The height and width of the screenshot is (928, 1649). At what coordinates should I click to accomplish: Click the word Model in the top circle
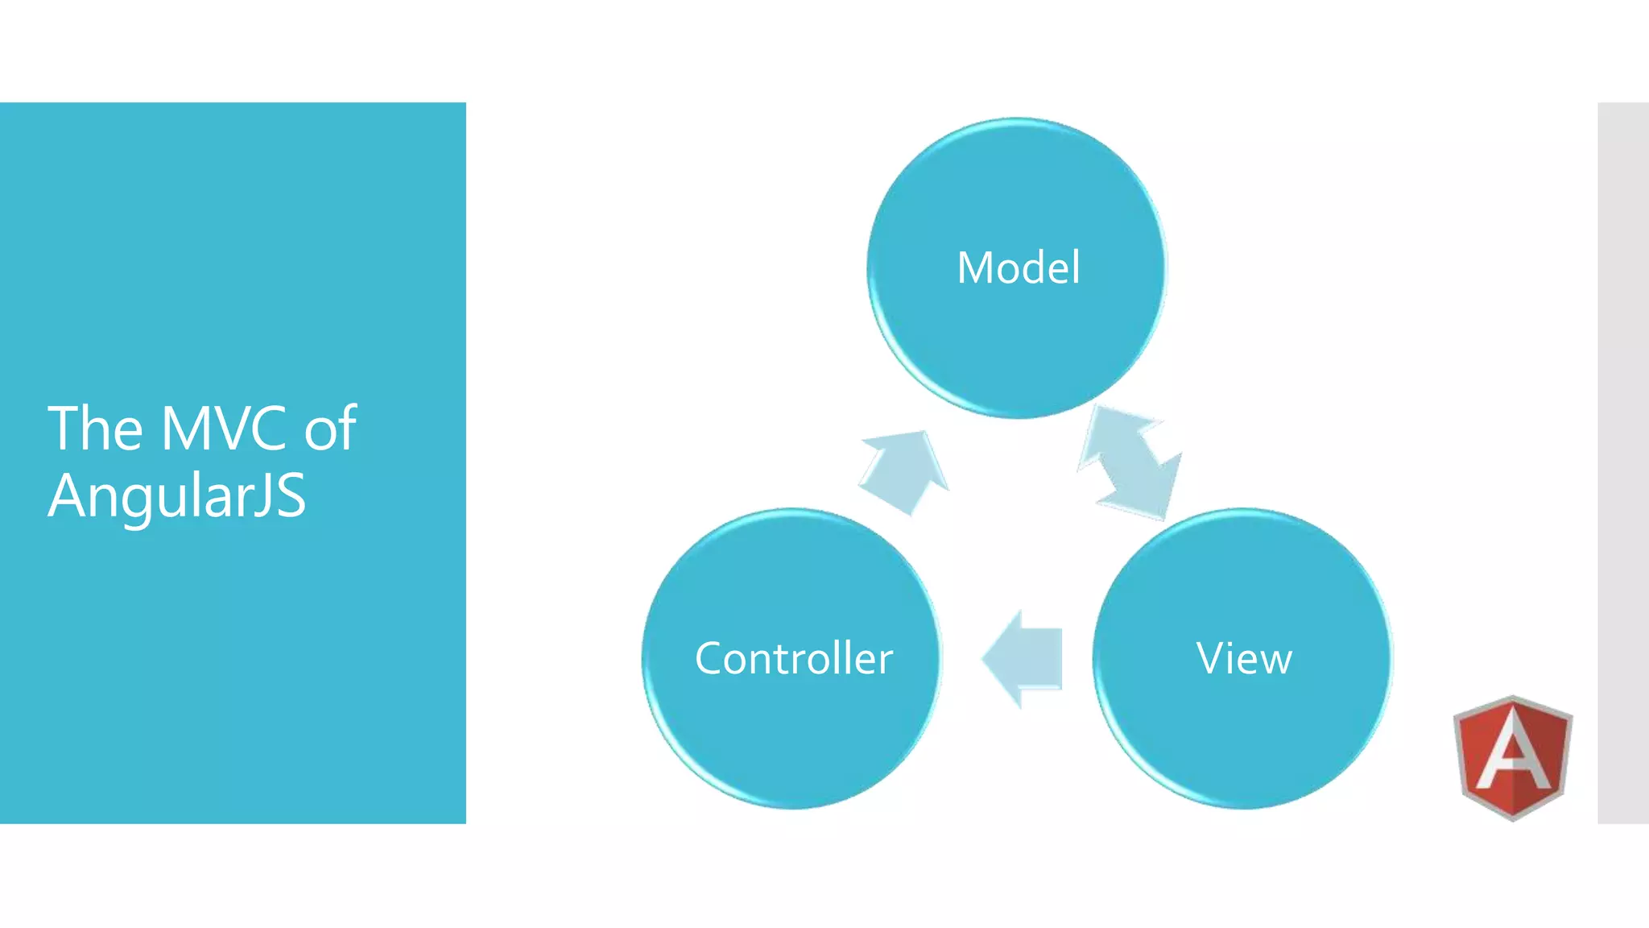click(1018, 267)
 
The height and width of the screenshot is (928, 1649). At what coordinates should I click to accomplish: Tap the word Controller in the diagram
click(793, 658)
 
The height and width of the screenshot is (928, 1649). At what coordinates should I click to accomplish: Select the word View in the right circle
click(1244, 658)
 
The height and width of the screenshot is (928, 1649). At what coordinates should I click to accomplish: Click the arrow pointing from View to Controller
click(1024, 659)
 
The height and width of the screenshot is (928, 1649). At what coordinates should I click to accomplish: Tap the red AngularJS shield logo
click(1513, 757)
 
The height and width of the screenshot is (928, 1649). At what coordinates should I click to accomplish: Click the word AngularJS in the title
click(177, 495)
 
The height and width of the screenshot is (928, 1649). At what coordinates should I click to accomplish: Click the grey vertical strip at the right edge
click(1622, 463)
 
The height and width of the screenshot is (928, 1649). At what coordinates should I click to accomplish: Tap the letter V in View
click(1210, 658)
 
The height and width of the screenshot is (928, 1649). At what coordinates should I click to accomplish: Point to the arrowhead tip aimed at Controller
click(986, 659)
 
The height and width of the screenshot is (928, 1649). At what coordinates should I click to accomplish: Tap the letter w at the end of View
click(1275, 661)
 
